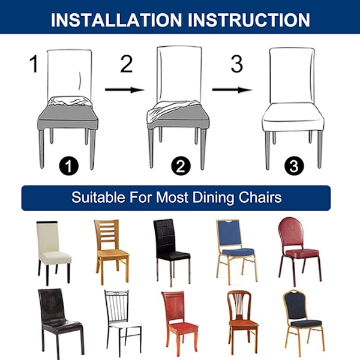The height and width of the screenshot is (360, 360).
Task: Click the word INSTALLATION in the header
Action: tap(116, 20)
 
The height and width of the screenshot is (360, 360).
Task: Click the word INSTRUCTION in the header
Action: tap(249, 20)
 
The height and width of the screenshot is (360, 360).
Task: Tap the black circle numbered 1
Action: tap(68, 166)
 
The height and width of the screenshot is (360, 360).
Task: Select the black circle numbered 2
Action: tap(181, 166)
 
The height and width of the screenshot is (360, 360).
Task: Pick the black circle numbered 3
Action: tap(294, 166)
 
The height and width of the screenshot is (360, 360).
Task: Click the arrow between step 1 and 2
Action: tap(125, 89)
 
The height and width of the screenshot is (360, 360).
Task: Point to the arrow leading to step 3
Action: tap(232, 89)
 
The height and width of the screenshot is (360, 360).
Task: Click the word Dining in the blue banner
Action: tap(214, 197)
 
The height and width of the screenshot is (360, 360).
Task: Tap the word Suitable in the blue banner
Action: tap(98, 197)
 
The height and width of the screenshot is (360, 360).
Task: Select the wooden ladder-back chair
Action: tap(112, 251)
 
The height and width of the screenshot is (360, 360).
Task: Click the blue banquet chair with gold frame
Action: tap(236, 251)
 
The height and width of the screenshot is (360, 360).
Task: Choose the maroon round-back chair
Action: tap(299, 251)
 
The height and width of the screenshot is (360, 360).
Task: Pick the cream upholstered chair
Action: tap(53, 253)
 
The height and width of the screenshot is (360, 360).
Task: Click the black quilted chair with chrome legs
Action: tap(172, 252)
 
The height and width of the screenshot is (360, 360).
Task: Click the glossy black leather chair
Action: tap(60, 324)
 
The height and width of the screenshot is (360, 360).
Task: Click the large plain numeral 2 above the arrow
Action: tap(127, 64)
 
